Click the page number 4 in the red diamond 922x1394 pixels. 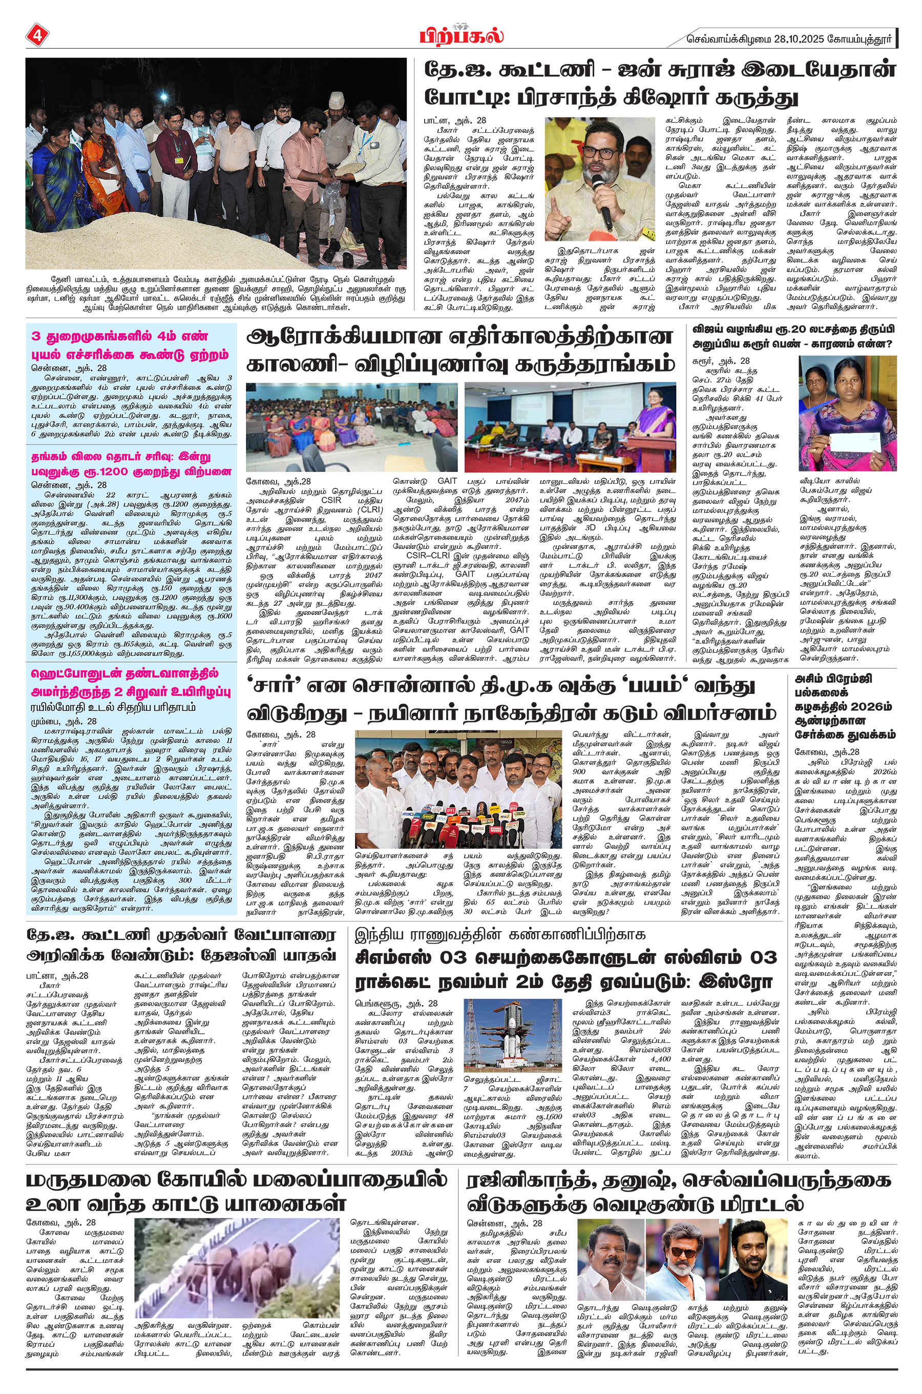[36, 35]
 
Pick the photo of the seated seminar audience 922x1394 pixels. [351, 426]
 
